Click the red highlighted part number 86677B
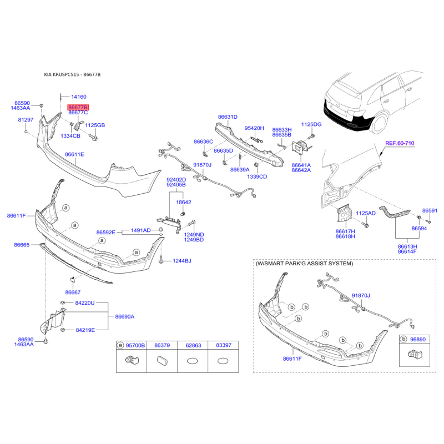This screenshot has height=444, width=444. click(78, 107)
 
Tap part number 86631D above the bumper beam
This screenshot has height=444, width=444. click(228, 117)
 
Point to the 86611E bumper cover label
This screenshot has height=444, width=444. click(74, 154)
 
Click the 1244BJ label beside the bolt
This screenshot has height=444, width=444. click(181, 261)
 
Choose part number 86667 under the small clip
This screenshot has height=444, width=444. click(73, 292)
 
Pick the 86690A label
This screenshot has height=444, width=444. click(125, 316)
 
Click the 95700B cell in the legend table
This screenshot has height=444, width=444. click(135, 345)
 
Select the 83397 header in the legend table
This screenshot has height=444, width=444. click(224, 345)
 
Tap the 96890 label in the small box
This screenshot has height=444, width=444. click(418, 338)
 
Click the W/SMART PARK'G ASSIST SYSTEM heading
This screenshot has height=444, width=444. click(304, 264)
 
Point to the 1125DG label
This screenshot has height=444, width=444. click(311, 124)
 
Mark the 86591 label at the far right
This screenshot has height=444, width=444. click(430, 211)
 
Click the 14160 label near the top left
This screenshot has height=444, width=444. click(79, 97)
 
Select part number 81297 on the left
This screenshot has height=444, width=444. click(26, 119)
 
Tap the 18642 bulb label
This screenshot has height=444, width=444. click(184, 203)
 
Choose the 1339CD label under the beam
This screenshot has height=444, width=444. click(257, 176)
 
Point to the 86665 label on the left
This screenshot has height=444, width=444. click(22, 245)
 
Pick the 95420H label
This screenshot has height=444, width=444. click(255, 128)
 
